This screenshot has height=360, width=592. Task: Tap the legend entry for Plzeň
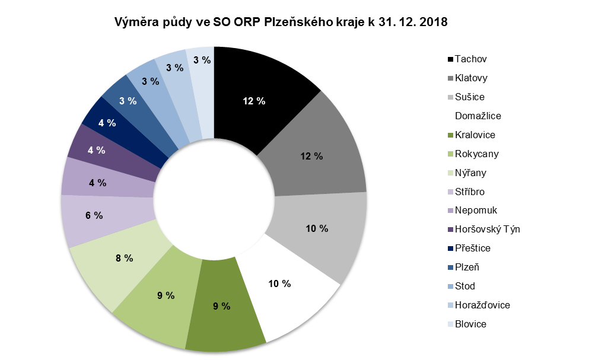(x=467, y=267)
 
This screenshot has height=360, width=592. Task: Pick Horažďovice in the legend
(x=482, y=305)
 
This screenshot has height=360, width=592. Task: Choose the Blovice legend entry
(x=470, y=324)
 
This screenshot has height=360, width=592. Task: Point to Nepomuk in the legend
(x=476, y=211)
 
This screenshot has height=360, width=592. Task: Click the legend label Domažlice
(x=478, y=116)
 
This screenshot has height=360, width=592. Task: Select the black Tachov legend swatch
(x=450, y=59)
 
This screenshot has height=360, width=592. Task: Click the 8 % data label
(x=123, y=258)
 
